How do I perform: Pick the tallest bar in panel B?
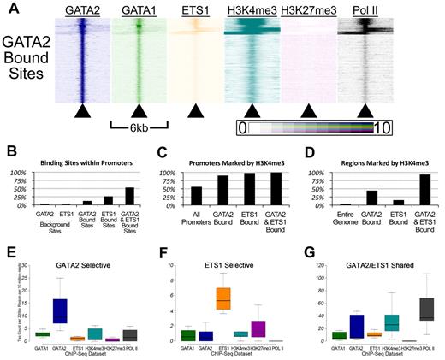[x=131, y=196]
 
